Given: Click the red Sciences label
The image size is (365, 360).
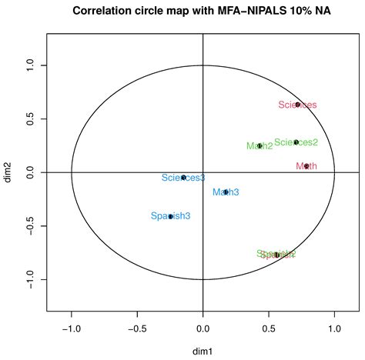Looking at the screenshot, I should [x=297, y=105].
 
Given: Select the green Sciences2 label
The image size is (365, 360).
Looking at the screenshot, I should [x=296, y=142].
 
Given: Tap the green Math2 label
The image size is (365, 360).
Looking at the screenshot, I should [x=260, y=145].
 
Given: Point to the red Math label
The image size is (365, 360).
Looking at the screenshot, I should [x=306, y=165].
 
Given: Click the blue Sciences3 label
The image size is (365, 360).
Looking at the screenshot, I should [x=183, y=178].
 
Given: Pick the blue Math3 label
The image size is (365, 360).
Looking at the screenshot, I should [x=226, y=192].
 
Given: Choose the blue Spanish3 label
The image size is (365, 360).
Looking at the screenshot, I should [x=170, y=216].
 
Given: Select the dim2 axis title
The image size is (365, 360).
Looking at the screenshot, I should [x=10, y=172].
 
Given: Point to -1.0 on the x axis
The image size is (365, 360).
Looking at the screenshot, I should [x=72, y=328].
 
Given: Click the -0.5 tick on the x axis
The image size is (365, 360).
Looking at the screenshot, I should [x=137, y=328].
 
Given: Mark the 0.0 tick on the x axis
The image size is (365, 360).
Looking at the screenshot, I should [x=203, y=328].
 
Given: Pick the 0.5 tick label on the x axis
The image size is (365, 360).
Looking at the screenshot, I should [x=268, y=328].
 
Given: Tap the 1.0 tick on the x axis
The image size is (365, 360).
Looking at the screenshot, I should [x=333, y=328].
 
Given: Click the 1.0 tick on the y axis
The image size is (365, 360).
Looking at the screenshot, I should [x=32, y=68].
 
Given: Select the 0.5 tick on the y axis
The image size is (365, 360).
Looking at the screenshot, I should [x=32, y=120].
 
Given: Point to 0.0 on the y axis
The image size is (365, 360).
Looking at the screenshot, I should [x=32, y=172].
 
